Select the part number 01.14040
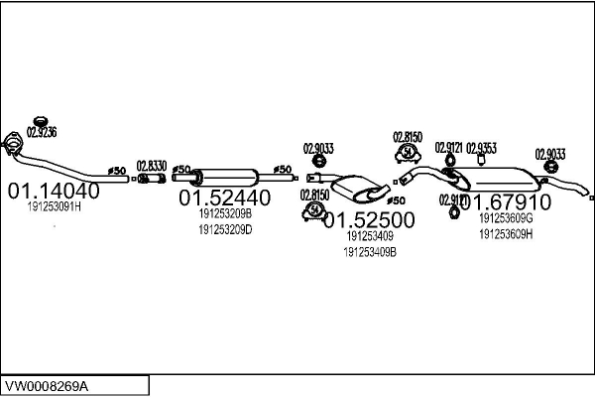click(x=54, y=191)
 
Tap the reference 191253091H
click(x=54, y=207)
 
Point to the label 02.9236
click(x=42, y=132)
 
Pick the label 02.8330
click(x=151, y=166)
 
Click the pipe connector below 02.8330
click(x=151, y=179)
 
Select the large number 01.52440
click(x=224, y=198)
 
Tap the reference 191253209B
click(x=225, y=213)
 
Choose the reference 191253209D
click(x=225, y=229)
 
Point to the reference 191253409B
click(x=370, y=252)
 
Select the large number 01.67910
click(x=505, y=201)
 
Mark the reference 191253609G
click(x=506, y=218)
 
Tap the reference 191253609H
click(x=506, y=234)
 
